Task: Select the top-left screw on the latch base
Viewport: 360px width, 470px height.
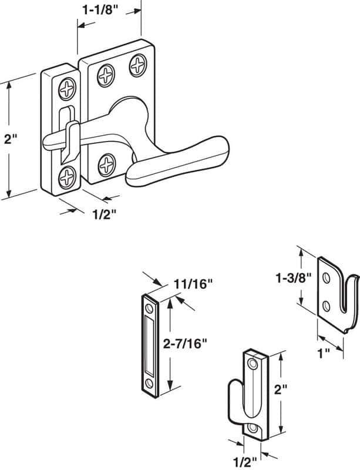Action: pos(106,75)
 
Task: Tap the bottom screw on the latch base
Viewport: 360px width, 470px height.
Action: pos(107,163)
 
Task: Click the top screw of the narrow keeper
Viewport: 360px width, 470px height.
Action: pos(68,89)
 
